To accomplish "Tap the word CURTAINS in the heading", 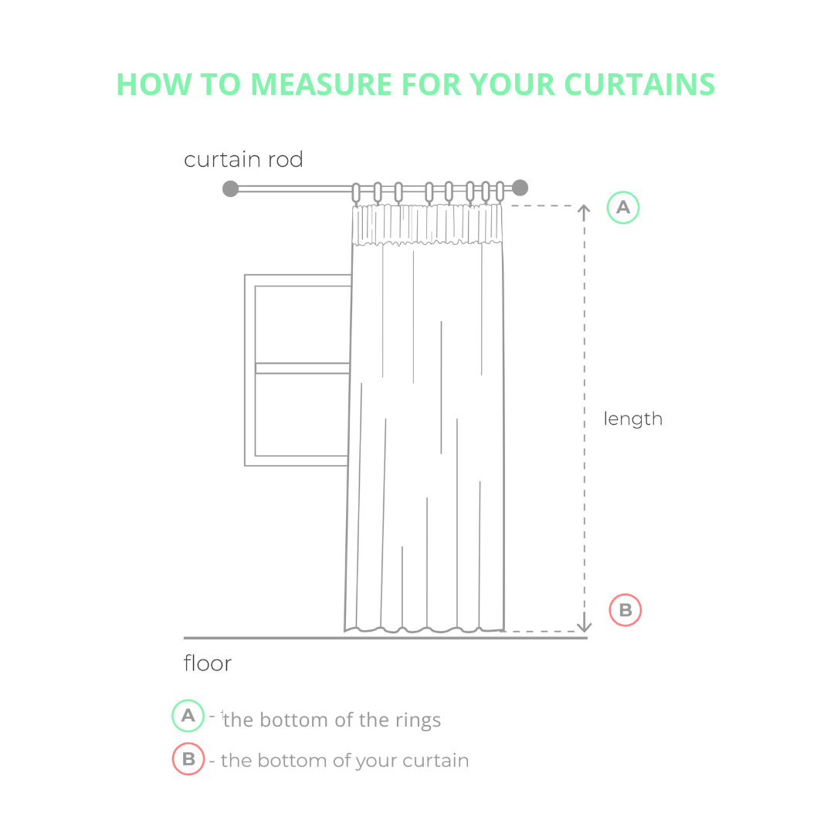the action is pyautogui.click(x=639, y=84).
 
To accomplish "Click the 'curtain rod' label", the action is pyautogui.click(x=243, y=160).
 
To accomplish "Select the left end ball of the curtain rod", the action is pyautogui.click(x=230, y=188).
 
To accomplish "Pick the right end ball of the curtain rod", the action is pyautogui.click(x=520, y=188).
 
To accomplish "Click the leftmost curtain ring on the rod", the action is pyautogui.click(x=356, y=192).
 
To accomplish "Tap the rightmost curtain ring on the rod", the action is pyautogui.click(x=500, y=192).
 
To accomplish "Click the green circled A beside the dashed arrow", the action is pyautogui.click(x=623, y=208).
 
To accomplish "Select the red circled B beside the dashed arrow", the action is pyautogui.click(x=625, y=610).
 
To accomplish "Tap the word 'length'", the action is pyautogui.click(x=633, y=419).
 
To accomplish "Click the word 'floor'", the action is pyautogui.click(x=208, y=663).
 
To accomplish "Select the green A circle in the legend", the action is pyautogui.click(x=188, y=716).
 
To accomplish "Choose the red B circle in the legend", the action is pyautogui.click(x=188, y=759).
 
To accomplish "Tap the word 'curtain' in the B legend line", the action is pyautogui.click(x=436, y=761).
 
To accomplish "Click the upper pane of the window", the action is pyautogui.click(x=302, y=324).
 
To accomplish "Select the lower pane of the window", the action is pyautogui.click(x=302, y=415).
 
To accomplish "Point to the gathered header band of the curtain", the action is pyautogui.click(x=427, y=225).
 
